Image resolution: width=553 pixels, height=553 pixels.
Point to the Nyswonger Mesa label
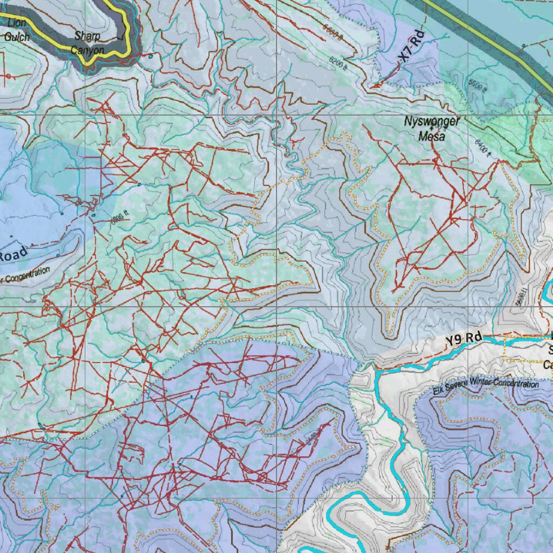tap(432, 129)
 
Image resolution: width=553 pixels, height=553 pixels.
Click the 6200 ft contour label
tap(338, 64)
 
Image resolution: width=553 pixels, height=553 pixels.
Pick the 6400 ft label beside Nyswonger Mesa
tap(482, 147)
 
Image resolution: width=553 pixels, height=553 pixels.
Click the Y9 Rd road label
tap(463, 339)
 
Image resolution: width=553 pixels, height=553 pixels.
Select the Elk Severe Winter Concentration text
tap(485, 385)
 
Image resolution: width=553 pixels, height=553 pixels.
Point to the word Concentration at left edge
tap(25, 274)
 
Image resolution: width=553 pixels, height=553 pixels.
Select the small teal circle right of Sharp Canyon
tap(150, 56)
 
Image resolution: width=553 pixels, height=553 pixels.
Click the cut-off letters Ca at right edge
tap(548, 366)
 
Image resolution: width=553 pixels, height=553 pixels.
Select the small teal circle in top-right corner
tap(524, 45)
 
